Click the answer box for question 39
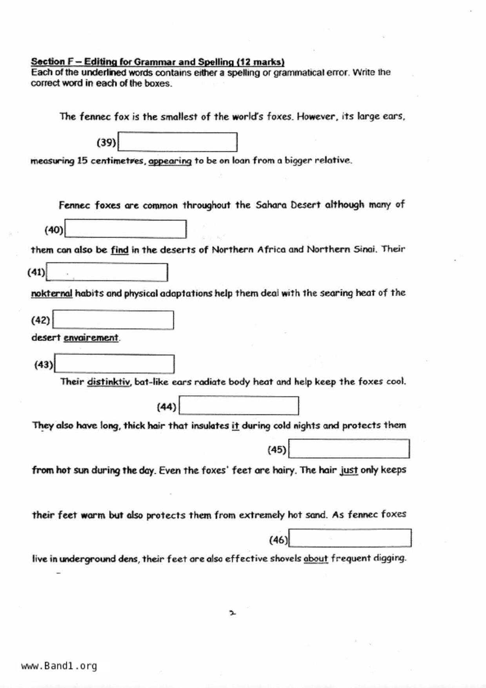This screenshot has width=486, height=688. pos(177,142)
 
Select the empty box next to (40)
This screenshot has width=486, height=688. pos(125,229)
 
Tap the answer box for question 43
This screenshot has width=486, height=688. pos(114,364)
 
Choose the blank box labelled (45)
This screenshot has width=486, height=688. pos(349,449)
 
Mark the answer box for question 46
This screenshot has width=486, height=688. pos(350,538)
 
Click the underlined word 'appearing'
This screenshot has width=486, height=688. pos(170,161)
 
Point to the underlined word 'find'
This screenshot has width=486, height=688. pos(120,250)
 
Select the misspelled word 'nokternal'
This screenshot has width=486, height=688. pos(52,293)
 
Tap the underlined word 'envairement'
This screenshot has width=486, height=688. pos(91,338)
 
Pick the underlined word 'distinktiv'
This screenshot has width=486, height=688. pos(108,382)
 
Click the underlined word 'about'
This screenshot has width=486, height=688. pos(316,558)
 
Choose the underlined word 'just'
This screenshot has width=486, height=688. pos(349,470)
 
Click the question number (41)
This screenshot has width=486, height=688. pos(36,272)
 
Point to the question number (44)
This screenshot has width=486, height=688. pos(166,407)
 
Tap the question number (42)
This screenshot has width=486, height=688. pos(40,320)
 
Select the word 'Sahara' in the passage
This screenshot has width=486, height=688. pos(271,205)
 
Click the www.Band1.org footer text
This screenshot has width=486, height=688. pos(59,666)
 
